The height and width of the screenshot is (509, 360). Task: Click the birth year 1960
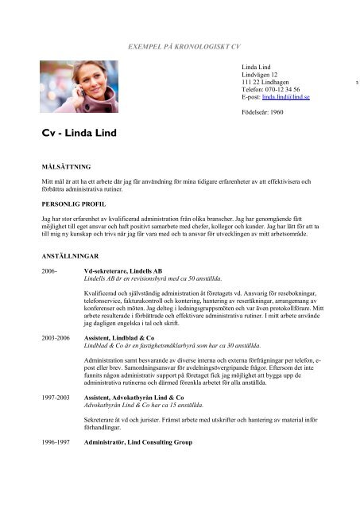(279, 112)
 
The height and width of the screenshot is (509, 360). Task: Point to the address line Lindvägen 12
(261, 75)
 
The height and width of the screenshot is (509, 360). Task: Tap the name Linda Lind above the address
(258, 67)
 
